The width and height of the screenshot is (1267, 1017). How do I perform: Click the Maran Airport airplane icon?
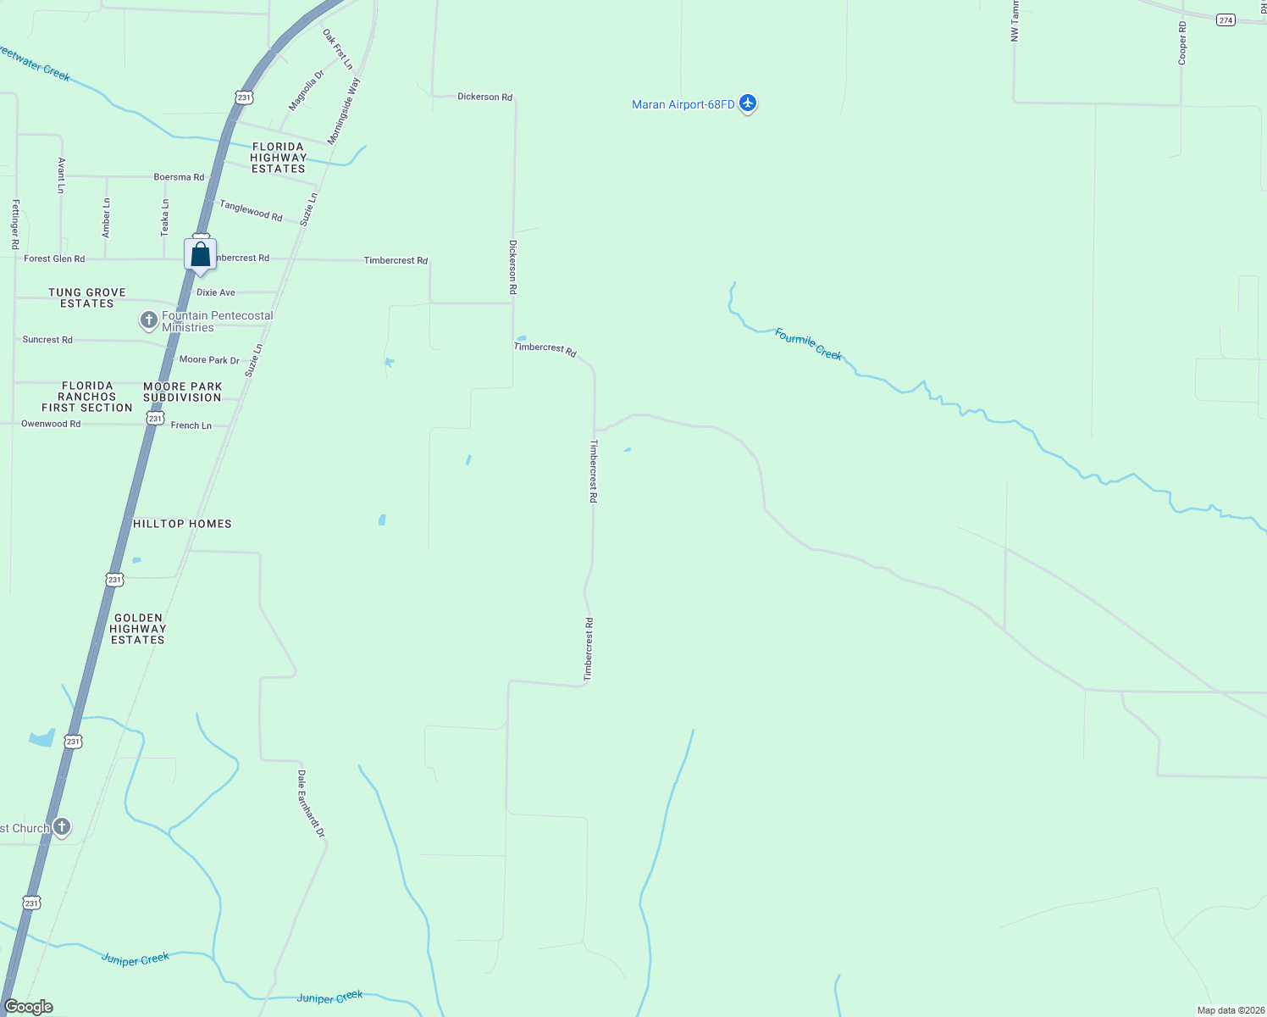point(747,103)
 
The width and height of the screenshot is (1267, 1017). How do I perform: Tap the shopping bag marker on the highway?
point(201,255)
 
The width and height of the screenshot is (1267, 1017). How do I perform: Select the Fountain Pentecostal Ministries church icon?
point(149,320)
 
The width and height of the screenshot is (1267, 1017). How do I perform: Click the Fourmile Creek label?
point(808,344)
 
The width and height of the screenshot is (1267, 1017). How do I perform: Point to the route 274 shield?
point(1226,20)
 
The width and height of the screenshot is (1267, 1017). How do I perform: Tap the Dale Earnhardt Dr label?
point(311,803)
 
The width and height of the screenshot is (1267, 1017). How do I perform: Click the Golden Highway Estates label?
point(138,629)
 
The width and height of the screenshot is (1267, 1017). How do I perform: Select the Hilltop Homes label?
point(182,524)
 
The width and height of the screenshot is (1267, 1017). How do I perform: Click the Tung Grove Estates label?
point(87,297)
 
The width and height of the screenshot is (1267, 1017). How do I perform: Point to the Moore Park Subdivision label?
point(182,392)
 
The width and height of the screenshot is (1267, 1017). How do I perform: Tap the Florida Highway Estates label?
point(278,158)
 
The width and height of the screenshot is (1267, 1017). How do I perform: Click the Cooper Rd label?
point(1182,43)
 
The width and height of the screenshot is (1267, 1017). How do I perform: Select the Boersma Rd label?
point(179,177)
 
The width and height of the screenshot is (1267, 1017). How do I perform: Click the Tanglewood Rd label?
point(251,210)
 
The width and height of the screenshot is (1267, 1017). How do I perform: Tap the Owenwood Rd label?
point(51,424)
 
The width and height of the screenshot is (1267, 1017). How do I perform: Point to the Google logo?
point(29,1007)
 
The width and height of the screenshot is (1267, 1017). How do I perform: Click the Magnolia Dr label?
point(306,91)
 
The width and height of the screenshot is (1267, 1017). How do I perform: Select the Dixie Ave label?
point(216,292)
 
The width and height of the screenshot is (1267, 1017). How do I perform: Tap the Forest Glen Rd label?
point(54,258)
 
